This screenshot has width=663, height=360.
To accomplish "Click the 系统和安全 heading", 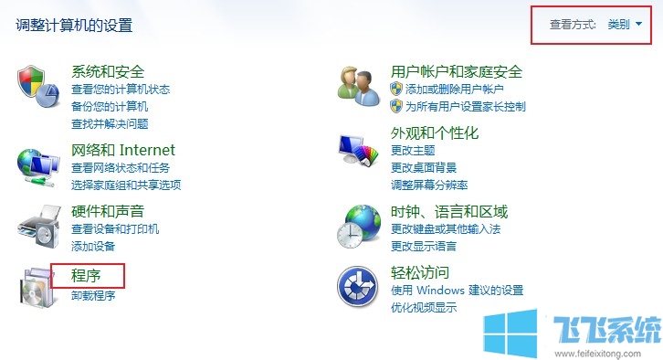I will (108, 72).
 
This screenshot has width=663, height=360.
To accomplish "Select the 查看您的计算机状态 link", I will (120, 90).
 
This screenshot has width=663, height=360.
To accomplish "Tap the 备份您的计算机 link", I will (109, 106).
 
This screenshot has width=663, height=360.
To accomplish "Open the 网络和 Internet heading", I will (122, 150).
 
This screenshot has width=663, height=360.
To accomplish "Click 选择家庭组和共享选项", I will (125, 185).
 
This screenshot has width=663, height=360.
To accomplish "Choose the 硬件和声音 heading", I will (108, 211).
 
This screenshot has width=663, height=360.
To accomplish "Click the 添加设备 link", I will (93, 246).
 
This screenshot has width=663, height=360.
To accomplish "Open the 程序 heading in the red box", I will (86, 274).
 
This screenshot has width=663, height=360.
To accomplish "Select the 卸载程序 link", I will (93, 295).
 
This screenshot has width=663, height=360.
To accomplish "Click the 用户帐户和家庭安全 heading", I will (456, 72).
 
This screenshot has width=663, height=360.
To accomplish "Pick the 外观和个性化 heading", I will (434, 133).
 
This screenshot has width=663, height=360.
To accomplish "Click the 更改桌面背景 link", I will (425, 167).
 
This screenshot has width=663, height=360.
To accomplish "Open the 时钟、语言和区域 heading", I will (448, 211).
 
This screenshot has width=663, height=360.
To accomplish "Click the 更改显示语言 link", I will (424, 246).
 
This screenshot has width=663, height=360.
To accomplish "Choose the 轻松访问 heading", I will (419, 272).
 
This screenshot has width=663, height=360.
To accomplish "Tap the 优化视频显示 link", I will (424, 307).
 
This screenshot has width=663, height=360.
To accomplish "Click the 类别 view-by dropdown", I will (625, 25).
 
